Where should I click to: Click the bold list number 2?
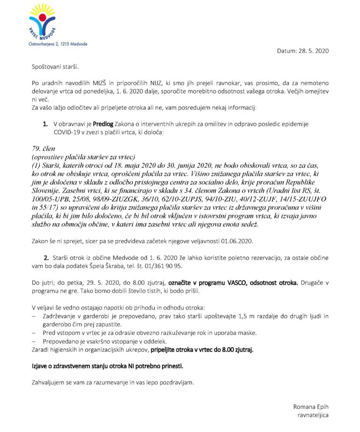(x=46, y=258)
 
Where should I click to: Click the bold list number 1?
(x=45, y=124)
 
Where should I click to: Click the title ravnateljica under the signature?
(x=313, y=415)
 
